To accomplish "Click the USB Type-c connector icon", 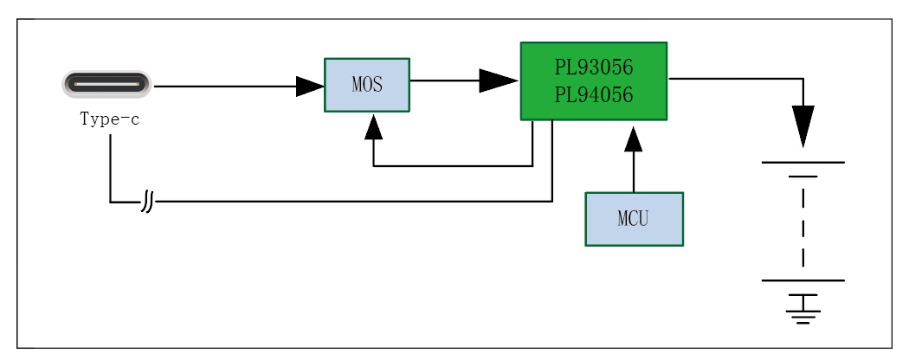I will tap(106, 86).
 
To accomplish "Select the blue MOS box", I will tap(367, 85).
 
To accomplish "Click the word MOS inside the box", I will tap(367, 86).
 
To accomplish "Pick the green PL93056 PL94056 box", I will tap(593, 80).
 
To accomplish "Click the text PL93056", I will tap(594, 67).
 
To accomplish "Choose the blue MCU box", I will tap(634, 218).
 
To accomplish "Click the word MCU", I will tap(634, 218).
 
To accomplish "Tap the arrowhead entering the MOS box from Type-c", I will tap(310, 86).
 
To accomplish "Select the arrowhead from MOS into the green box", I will tap(499, 80).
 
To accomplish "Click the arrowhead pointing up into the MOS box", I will tap(373, 128).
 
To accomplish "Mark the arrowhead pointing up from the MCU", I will tap(634, 137).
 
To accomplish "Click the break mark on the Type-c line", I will tap(148, 202).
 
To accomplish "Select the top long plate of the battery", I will tap(803, 162).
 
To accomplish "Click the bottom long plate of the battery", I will tap(803, 280).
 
